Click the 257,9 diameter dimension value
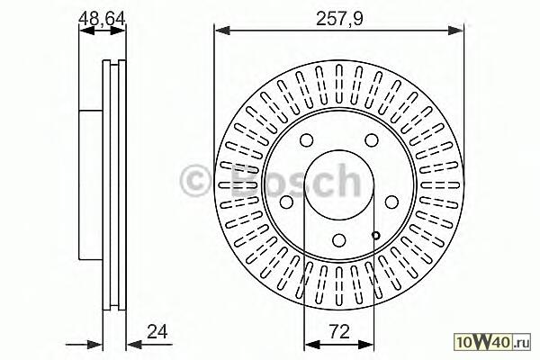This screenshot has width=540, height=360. [339, 18]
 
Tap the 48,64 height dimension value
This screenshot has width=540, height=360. [102, 18]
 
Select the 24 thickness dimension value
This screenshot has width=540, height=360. [157, 332]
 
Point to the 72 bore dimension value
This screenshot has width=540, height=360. [339, 332]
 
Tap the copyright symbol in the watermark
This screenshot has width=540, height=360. [195, 181]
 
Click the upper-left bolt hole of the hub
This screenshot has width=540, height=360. [307, 140]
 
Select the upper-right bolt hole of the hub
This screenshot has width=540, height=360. [372, 140]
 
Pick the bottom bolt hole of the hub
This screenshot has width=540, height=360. [339, 239]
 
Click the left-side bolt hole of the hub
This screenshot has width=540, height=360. [286, 202]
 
